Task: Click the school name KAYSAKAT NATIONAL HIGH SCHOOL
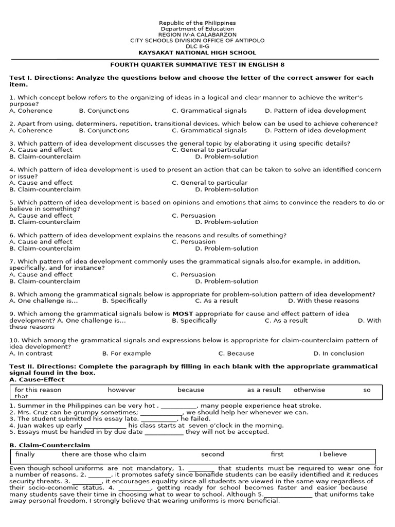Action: (x=197, y=53)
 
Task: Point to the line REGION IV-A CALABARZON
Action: (x=197, y=35)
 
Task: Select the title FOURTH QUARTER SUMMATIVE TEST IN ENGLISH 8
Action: (x=197, y=65)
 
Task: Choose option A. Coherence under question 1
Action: (x=31, y=111)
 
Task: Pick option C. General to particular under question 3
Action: (x=209, y=150)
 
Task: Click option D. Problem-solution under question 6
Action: (x=227, y=249)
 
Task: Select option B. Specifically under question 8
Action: (x=124, y=301)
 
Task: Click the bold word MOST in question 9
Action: (x=182, y=314)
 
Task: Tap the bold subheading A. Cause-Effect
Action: (x=37, y=380)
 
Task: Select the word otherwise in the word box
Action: (x=309, y=390)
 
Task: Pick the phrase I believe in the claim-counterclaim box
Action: (x=333, y=454)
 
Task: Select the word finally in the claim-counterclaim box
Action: (x=25, y=454)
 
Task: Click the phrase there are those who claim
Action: (x=104, y=454)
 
